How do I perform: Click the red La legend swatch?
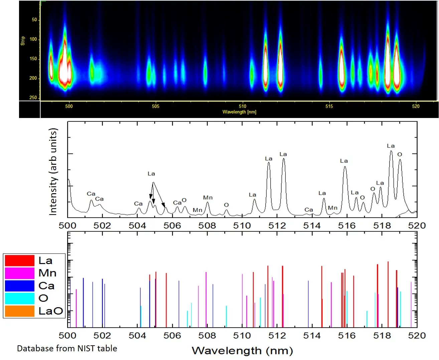click(19, 260)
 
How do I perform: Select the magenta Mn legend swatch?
click(19, 273)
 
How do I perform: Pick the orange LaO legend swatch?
click(19, 311)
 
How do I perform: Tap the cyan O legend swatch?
click(19, 298)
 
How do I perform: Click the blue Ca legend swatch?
click(19, 286)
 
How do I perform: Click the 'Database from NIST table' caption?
click(67, 348)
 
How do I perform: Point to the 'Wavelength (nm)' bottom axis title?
click(242, 351)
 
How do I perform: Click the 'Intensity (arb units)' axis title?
click(53, 172)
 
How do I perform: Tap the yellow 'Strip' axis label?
click(23, 41)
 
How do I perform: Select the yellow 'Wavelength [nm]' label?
click(239, 112)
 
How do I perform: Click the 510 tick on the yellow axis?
click(242, 106)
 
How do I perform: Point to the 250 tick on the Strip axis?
click(33, 98)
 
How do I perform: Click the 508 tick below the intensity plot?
click(207, 226)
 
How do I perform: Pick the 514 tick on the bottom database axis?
click(312, 335)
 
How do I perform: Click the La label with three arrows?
click(151, 174)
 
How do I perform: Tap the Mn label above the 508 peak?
click(208, 198)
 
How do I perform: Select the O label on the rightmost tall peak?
click(400, 154)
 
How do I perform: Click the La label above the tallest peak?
click(391, 146)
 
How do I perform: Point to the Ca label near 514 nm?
click(309, 210)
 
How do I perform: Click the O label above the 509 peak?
click(226, 205)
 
